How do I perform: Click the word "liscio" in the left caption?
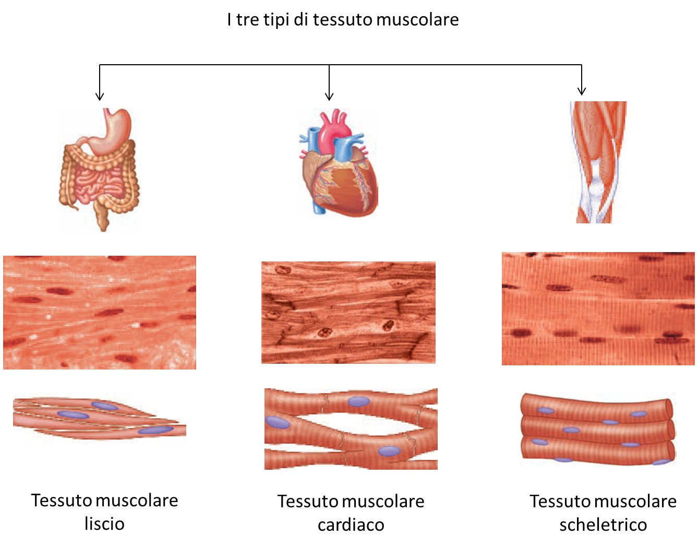click(x=104, y=523)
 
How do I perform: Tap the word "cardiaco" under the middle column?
click(x=351, y=525)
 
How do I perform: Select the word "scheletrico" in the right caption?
click(x=603, y=525)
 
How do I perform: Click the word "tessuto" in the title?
click(x=342, y=20)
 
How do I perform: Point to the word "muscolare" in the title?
click(x=417, y=20)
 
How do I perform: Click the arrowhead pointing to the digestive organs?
click(x=100, y=96)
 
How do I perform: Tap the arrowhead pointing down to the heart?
click(x=329, y=96)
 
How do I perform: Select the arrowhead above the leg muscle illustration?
click(x=582, y=91)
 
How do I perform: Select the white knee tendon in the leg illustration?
click(x=595, y=193)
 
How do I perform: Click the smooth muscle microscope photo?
click(x=100, y=312)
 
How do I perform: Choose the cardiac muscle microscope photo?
click(x=348, y=312)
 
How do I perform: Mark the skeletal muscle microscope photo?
click(x=598, y=308)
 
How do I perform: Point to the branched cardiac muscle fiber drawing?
click(x=351, y=428)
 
